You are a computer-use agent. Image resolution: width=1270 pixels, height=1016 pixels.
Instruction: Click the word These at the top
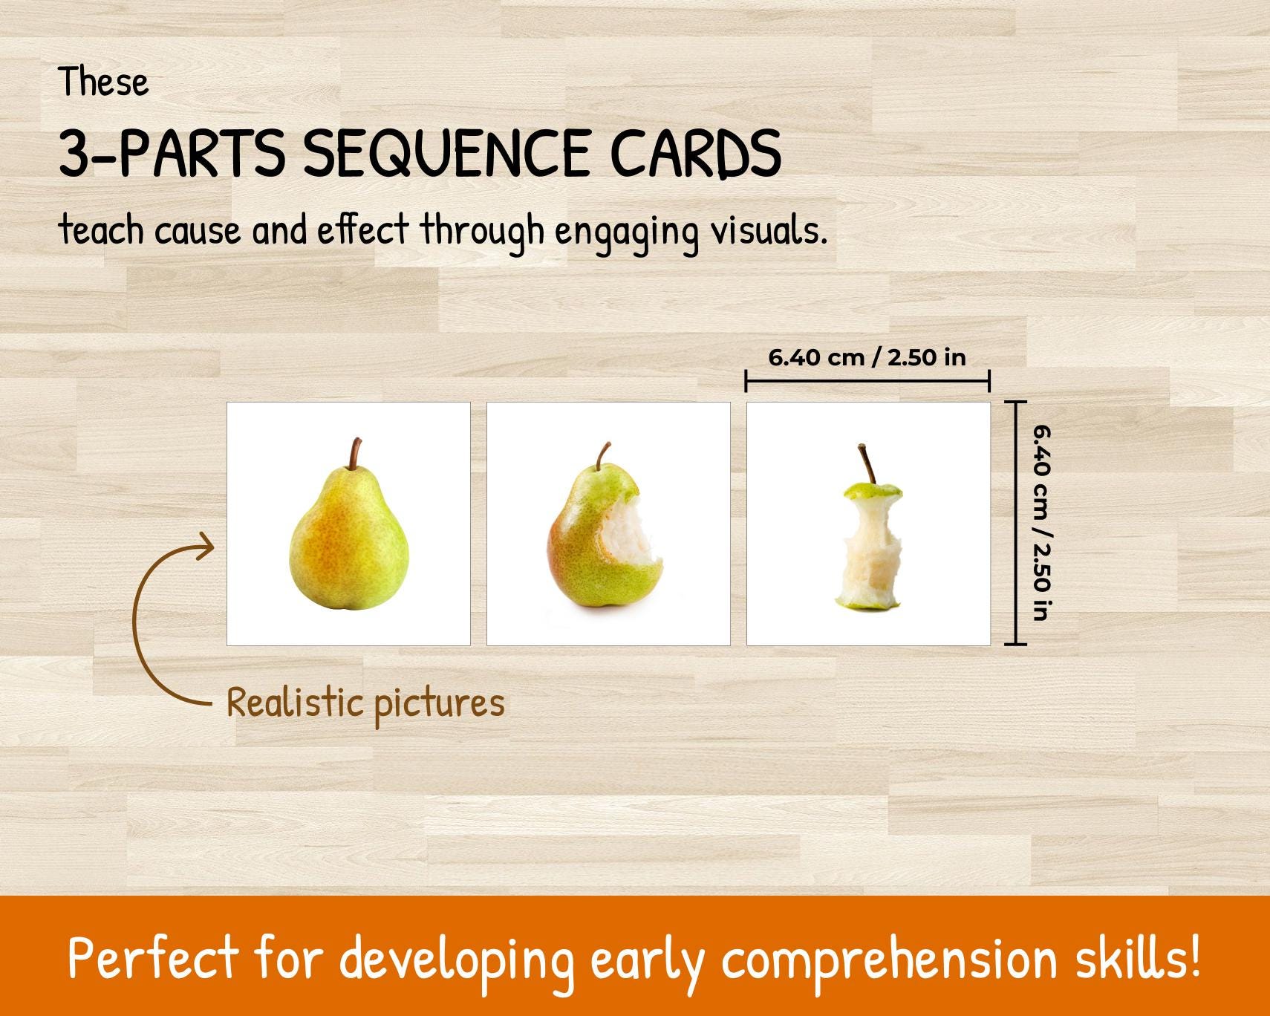tap(104, 82)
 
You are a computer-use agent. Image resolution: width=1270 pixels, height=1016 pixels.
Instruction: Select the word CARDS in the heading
tap(695, 154)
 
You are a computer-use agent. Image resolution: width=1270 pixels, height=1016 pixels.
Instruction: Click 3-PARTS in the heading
tap(171, 154)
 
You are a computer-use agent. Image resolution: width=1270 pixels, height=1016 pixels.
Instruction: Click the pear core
tap(867, 550)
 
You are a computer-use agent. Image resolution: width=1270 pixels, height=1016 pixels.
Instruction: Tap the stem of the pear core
tap(866, 464)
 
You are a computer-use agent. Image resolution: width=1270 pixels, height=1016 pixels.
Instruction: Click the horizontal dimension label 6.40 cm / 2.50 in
tap(867, 358)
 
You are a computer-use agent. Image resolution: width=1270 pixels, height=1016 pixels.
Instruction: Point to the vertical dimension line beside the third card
tap(1016, 523)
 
